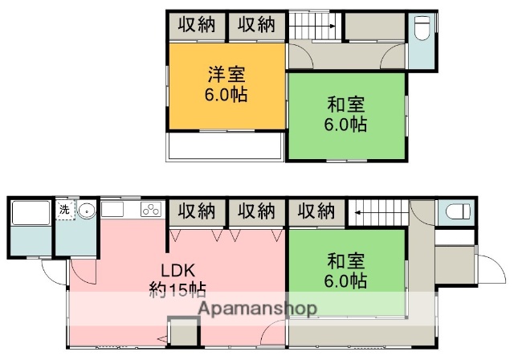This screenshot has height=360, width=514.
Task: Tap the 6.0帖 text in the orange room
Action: [226, 94]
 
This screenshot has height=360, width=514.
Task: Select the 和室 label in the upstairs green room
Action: [347, 105]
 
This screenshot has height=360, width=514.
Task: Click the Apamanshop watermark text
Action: [257, 309]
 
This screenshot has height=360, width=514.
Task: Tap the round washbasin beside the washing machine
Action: [88, 211]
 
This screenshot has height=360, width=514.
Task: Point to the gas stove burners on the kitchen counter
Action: [150, 211]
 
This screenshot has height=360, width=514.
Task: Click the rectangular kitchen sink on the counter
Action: [112, 211]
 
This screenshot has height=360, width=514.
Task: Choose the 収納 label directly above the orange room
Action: [196, 24]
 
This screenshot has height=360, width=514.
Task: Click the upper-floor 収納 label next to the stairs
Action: [256, 24]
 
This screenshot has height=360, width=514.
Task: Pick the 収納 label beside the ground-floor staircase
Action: [316, 211]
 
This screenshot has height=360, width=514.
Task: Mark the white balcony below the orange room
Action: [225, 146]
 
